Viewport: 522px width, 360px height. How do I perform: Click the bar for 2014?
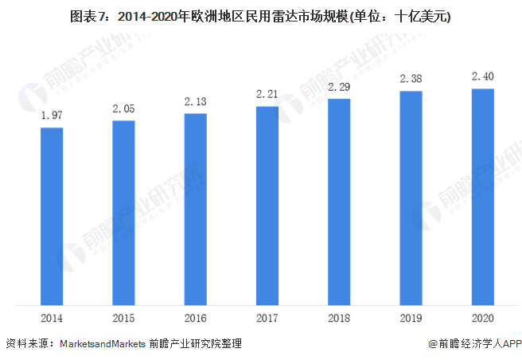pyautogui.click(x=52, y=216)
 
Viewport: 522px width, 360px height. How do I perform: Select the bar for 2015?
pyautogui.click(x=123, y=213)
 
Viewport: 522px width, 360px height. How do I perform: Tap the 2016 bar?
pyautogui.click(x=195, y=209)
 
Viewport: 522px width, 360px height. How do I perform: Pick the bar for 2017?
pyautogui.click(x=267, y=205)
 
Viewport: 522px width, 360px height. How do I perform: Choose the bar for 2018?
pyautogui.click(x=339, y=202)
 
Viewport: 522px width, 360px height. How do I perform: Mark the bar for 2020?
pyautogui.click(x=483, y=197)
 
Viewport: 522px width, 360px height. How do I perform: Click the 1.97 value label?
pyautogui.click(x=52, y=116)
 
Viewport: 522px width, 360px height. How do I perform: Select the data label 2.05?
pyautogui.click(x=123, y=109)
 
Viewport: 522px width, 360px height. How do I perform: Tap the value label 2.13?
pyautogui.click(x=195, y=102)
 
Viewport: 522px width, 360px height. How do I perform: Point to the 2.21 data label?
pyautogui.click(x=267, y=95)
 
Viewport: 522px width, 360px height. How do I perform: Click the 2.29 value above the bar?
pyautogui.click(x=339, y=87)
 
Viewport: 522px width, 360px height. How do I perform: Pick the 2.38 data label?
pyautogui.click(x=411, y=79)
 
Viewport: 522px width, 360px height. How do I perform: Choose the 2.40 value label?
pyautogui.click(x=483, y=76)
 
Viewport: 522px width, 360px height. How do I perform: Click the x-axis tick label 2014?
pyautogui.click(x=52, y=318)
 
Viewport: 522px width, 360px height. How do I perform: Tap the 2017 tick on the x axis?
pyautogui.click(x=267, y=318)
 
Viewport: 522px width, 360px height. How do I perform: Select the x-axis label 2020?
pyautogui.click(x=483, y=318)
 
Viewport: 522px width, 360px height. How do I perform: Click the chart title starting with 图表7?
pyautogui.click(x=260, y=16)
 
